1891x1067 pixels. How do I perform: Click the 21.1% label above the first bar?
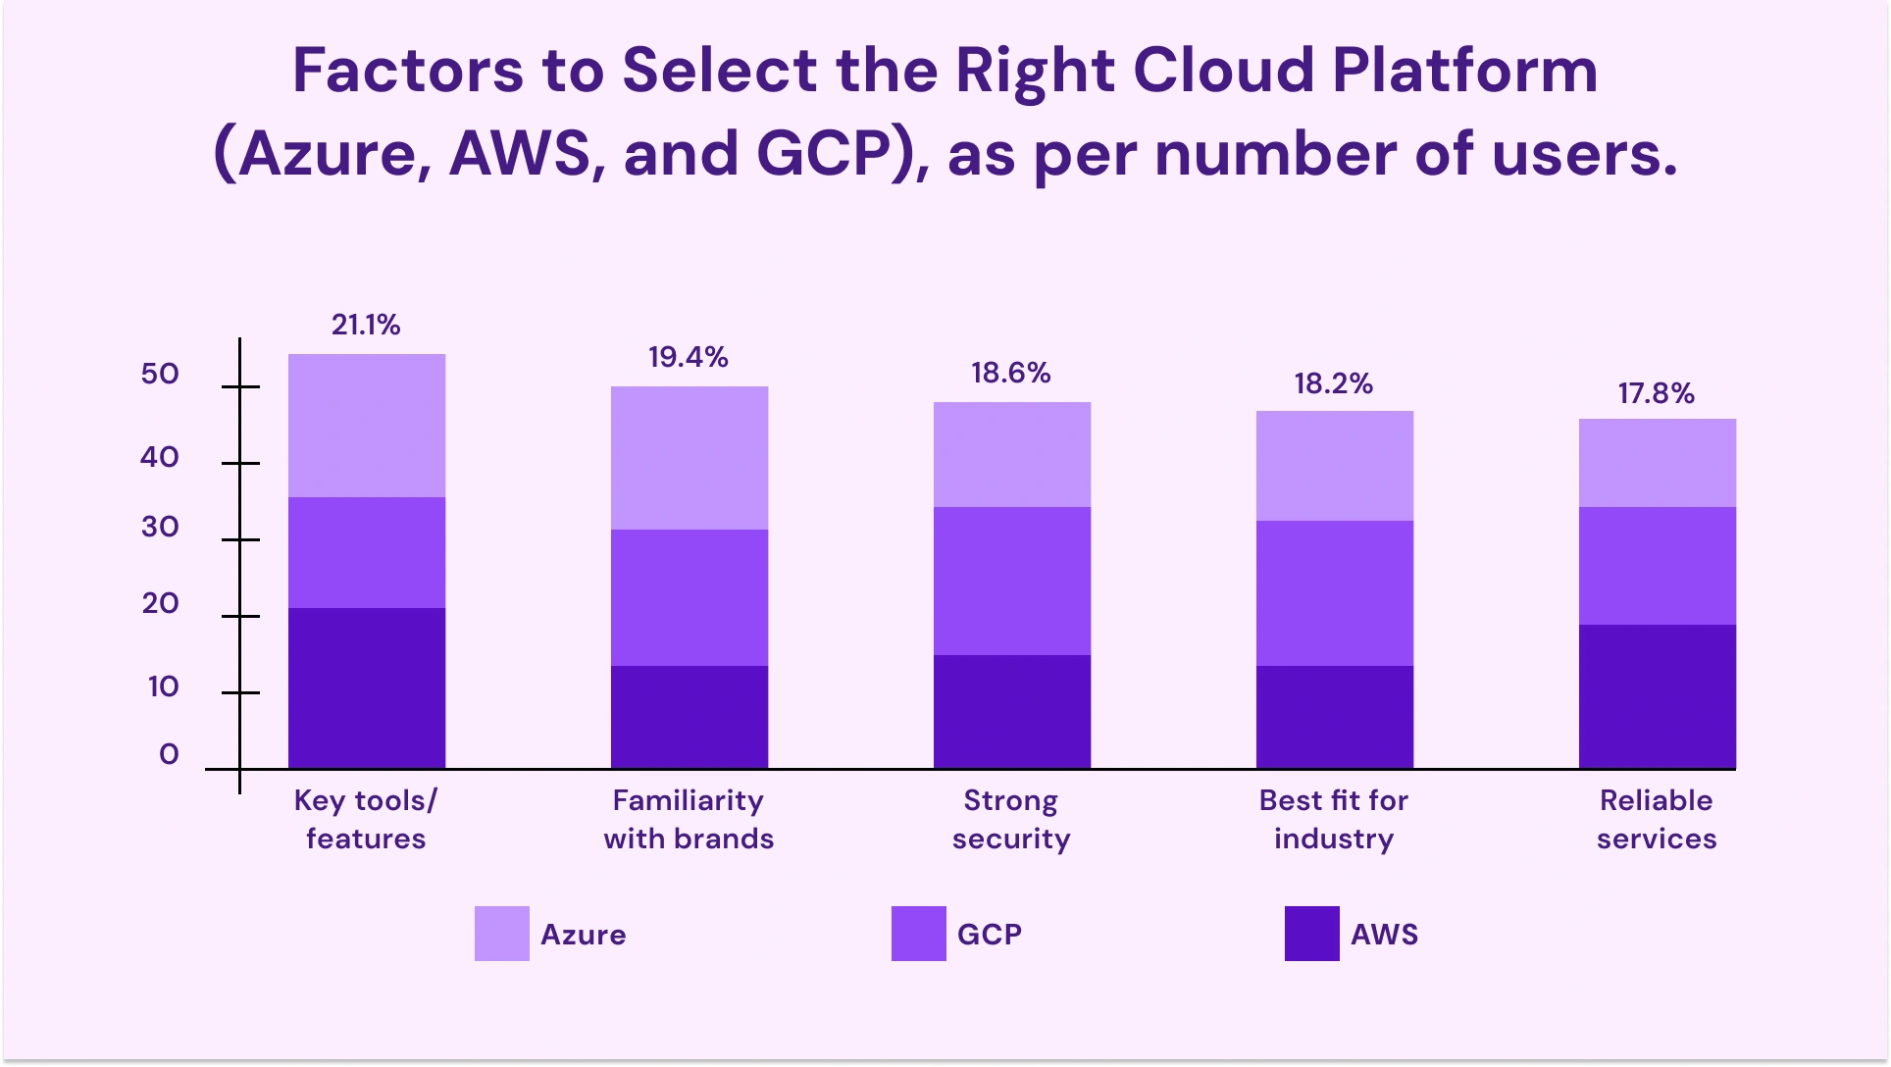[x=366, y=325]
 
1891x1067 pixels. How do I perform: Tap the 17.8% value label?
[x=1656, y=393]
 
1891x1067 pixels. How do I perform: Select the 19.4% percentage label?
[x=688, y=357]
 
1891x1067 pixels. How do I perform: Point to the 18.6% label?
[x=1010, y=373]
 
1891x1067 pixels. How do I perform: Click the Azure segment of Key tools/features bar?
[x=367, y=426]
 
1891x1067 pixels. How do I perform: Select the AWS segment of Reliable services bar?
[x=1657, y=696]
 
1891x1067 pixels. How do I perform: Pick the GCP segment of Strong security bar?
[x=1011, y=581]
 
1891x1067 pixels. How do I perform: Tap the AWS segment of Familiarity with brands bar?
[x=689, y=717]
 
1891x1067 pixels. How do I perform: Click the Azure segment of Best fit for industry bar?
[x=1334, y=466]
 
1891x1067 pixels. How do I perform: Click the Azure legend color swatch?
[x=501, y=934]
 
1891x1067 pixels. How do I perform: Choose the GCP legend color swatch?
[x=918, y=934]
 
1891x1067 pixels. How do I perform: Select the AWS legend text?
[x=1384, y=934]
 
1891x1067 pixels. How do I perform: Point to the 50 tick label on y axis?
[x=160, y=374]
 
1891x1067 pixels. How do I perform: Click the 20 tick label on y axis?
[x=160, y=603]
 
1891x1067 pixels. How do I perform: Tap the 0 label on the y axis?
[x=169, y=754]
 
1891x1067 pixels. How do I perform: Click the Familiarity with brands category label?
[x=689, y=819]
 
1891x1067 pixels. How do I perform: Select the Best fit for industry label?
[x=1333, y=819]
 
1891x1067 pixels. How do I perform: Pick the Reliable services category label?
[x=1656, y=819]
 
